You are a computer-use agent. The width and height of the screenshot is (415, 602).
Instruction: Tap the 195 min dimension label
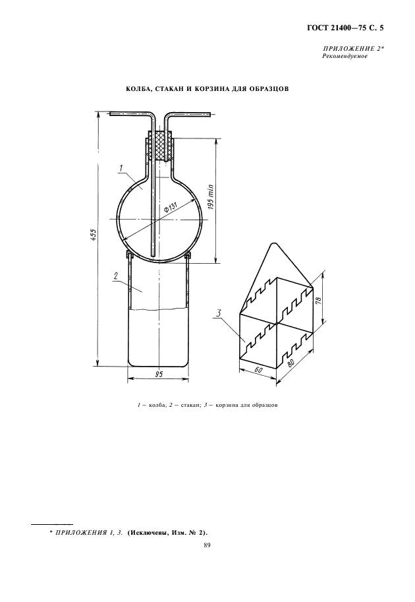(211, 197)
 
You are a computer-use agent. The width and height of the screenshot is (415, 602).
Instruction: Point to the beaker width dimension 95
(158, 375)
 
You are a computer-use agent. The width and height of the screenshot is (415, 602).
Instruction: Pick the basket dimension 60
(258, 370)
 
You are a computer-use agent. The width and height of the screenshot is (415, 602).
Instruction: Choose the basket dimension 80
(292, 363)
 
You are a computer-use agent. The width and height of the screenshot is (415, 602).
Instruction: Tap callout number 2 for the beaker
(115, 275)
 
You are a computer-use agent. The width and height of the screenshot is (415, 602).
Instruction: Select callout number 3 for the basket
(219, 313)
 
